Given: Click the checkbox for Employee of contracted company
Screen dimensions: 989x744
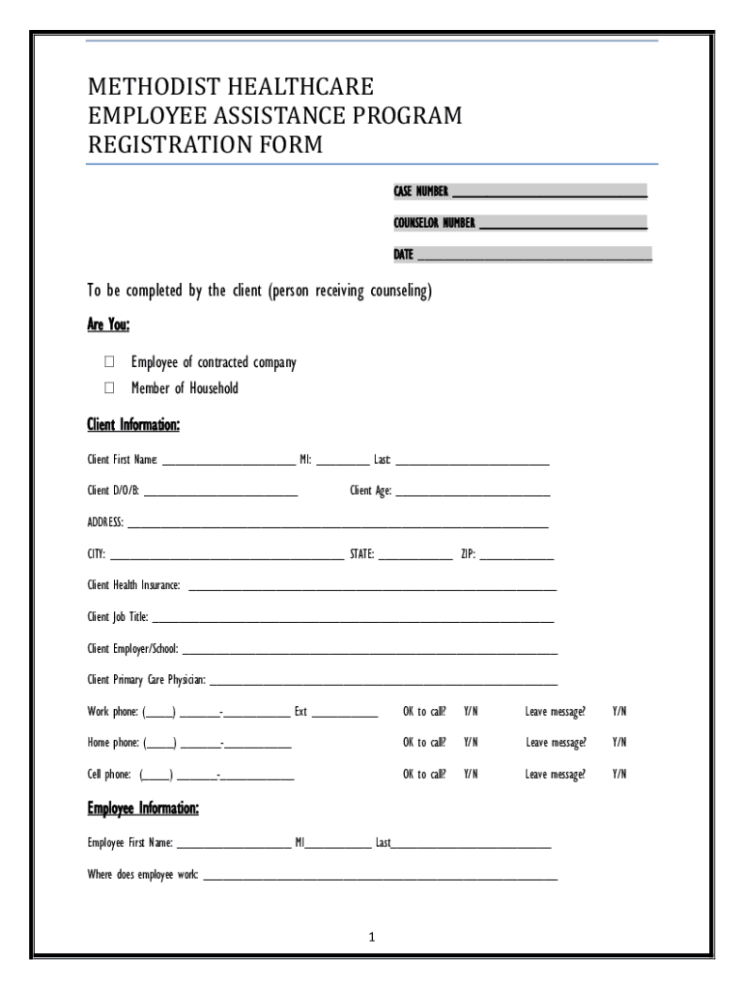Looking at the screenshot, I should [109, 362].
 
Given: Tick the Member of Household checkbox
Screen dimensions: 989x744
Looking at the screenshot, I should [109, 388].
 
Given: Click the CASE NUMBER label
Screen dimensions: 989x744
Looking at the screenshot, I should [420, 190].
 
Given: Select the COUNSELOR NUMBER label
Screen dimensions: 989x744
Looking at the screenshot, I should [434, 223].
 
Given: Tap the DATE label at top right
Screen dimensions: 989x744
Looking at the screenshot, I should [403, 255].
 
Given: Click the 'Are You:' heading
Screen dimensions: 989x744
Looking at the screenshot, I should [108, 324].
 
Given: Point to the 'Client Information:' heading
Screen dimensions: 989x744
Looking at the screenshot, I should [133, 425].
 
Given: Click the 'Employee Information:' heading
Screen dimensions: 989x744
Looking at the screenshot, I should [143, 807].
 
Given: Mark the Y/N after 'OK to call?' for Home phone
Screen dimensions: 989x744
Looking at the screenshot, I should [471, 743].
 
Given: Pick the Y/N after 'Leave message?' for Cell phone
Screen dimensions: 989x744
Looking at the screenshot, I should [619, 774].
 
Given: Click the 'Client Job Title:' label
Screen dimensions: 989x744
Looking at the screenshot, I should [118, 616].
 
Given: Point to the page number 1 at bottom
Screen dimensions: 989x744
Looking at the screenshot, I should [372, 937].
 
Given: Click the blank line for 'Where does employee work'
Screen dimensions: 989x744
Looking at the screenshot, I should [380, 877].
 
